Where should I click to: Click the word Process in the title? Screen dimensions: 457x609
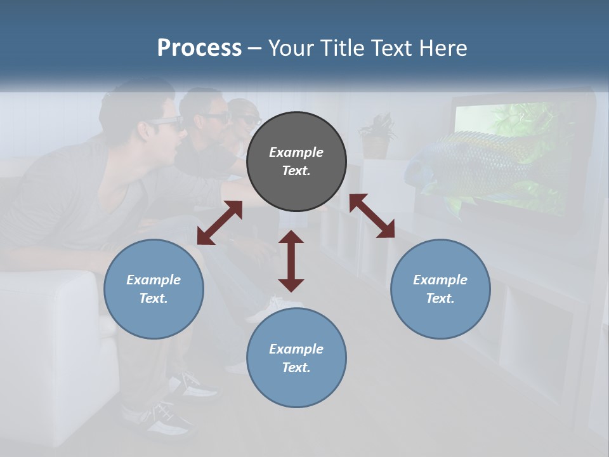tap(199, 48)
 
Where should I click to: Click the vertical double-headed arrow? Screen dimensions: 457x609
tap(291, 261)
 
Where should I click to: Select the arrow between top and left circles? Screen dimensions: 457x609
tap(219, 223)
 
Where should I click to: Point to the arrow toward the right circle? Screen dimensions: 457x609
tap(372, 216)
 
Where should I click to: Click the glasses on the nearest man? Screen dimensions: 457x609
tap(166, 124)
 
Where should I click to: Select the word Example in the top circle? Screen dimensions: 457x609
tap(296, 152)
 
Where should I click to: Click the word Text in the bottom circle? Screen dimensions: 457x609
tap(296, 368)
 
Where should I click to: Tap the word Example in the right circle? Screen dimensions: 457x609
tap(440, 280)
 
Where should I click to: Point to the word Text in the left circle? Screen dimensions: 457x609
tap(154, 298)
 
